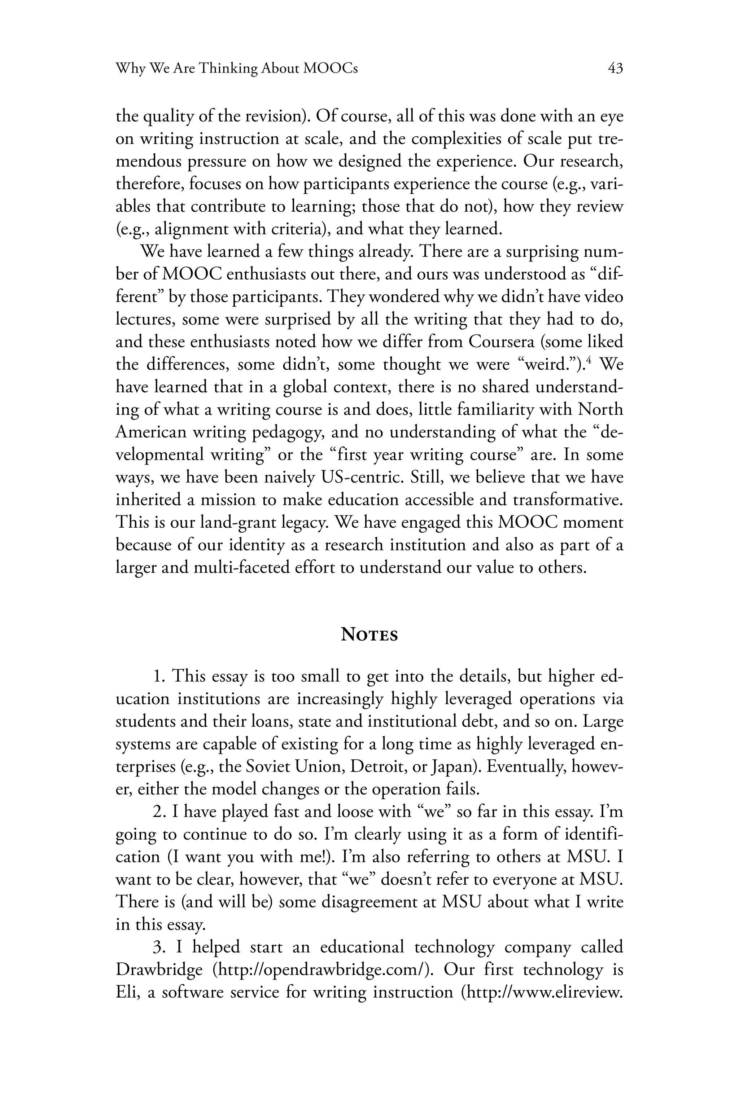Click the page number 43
point(615,69)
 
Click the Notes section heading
point(369,635)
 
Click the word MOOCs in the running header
point(330,69)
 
